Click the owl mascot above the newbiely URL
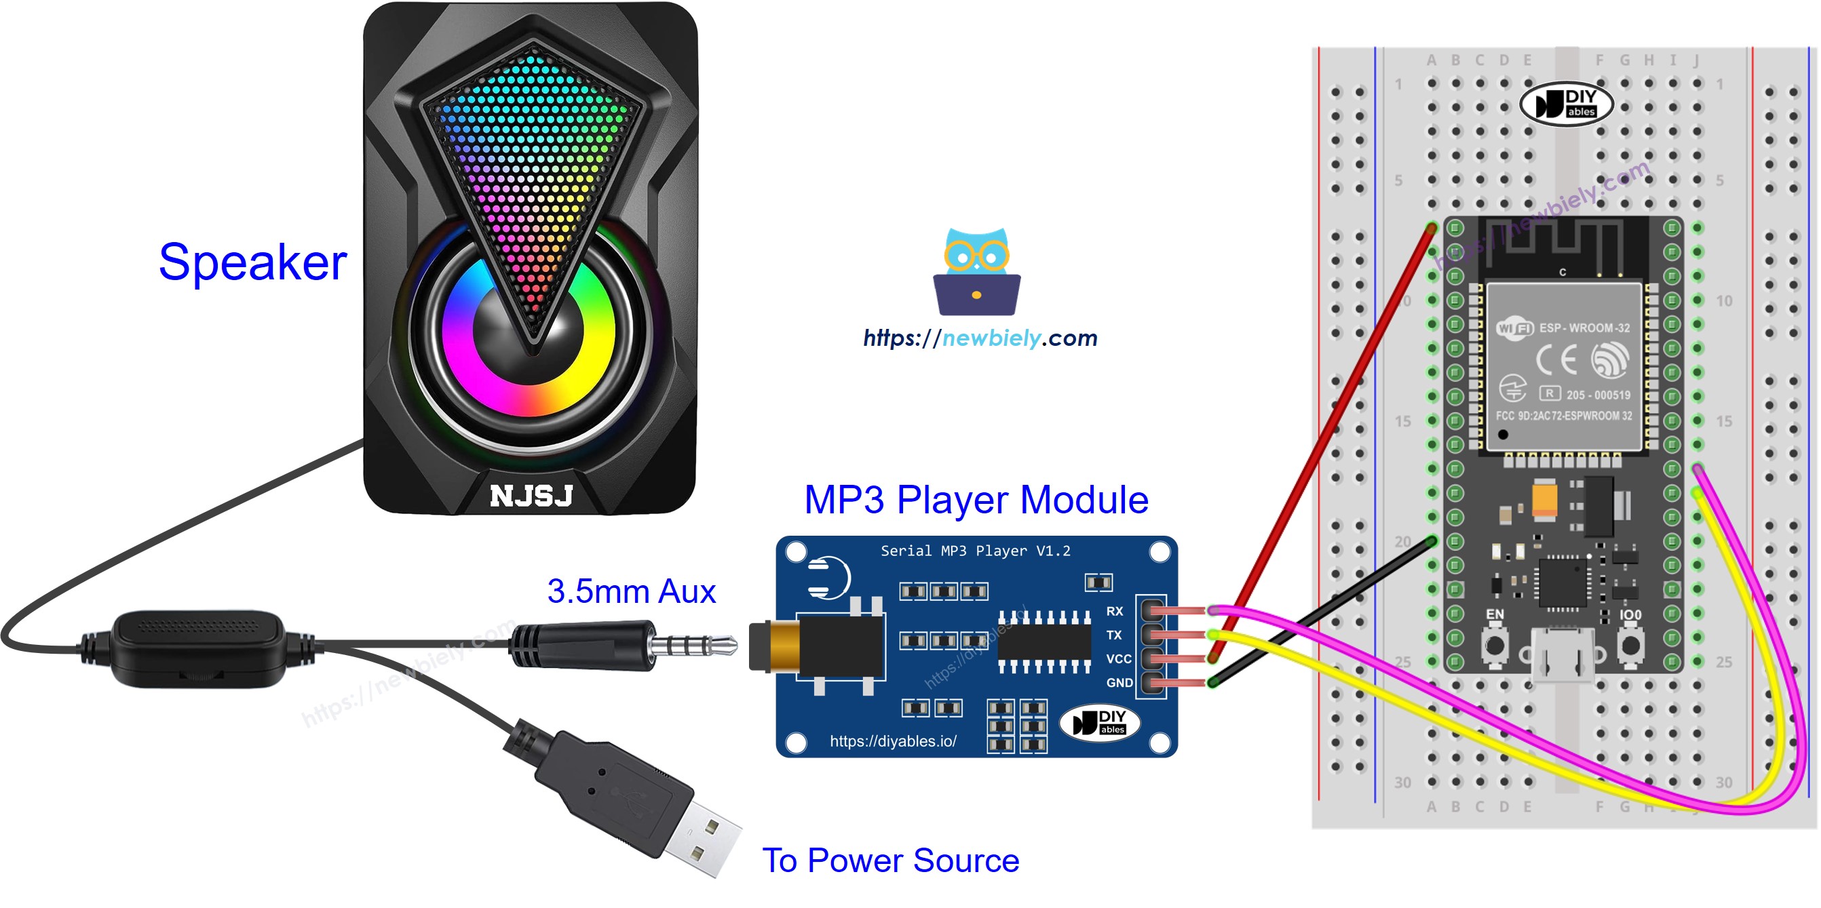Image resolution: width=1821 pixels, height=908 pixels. [x=976, y=271]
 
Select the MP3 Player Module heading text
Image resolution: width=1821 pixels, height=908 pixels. [x=976, y=500]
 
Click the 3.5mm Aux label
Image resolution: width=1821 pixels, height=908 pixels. [x=630, y=591]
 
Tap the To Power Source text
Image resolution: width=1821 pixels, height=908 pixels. [x=890, y=860]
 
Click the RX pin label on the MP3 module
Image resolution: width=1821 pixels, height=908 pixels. [x=1114, y=611]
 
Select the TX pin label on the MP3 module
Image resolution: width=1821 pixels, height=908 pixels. [x=1113, y=635]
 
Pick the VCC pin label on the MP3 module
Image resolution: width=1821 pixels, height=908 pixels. [x=1118, y=658]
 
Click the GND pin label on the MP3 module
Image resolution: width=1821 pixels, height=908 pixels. [x=1119, y=683]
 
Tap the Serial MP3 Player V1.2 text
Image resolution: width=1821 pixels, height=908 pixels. [x=975, y=551]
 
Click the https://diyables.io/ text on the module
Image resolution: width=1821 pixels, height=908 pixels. [x=893, y=741]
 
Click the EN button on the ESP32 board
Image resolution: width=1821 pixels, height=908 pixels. [x=1495, y=644]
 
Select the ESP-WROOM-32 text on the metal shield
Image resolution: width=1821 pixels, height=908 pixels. [x=1584, y=328]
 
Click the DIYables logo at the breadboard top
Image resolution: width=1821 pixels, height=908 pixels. [x=1566, y=104]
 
